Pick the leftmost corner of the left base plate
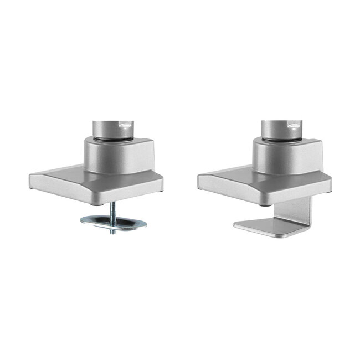29,176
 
